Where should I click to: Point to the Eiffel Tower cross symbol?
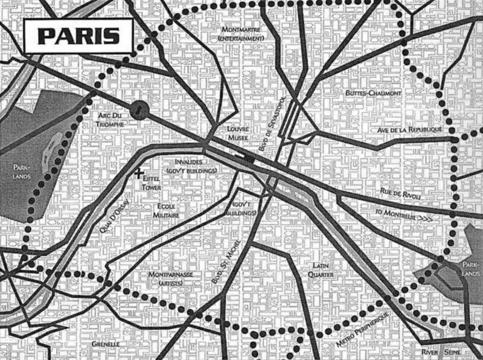click(x=139, y=174)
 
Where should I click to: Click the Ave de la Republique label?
click(x=409, y=130)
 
